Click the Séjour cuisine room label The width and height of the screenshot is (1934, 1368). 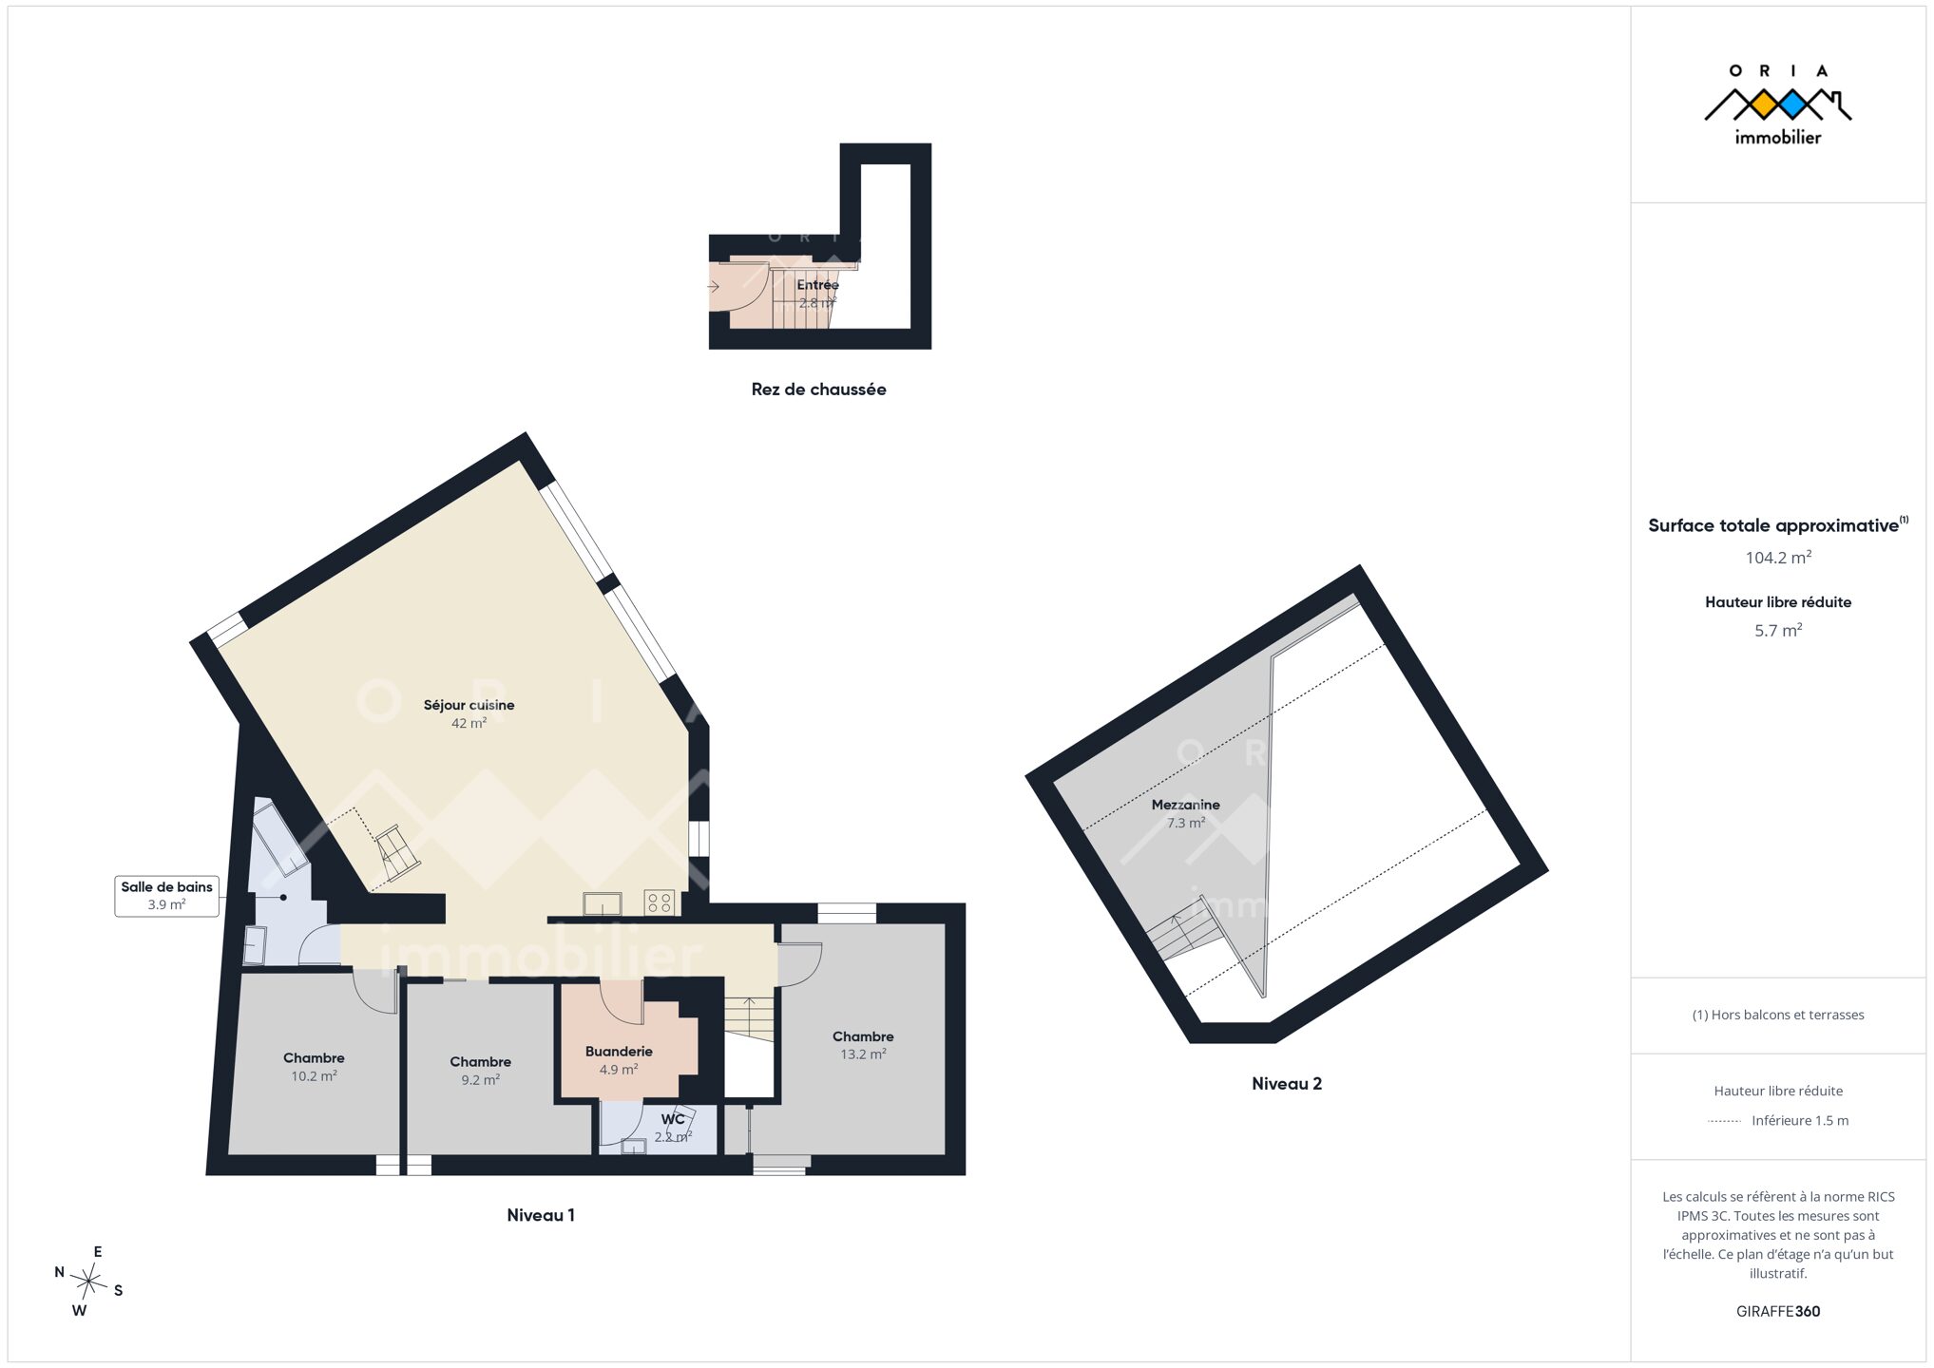(469, 705)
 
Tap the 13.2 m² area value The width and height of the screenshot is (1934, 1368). (863, 1054)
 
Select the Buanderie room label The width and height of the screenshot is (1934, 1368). (619, 1052)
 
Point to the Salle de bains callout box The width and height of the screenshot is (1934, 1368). (166, 896)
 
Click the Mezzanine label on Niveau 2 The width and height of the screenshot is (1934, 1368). (1185, 805)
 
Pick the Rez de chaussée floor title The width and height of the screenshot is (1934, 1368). (818, 389)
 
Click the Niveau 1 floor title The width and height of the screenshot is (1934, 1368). (540, 1215)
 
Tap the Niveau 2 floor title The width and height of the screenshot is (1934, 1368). (1287, 1084)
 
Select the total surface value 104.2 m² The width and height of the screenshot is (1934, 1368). (1778, 558)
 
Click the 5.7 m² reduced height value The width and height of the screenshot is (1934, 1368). (1778, 631)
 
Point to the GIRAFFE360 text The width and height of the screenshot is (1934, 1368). (1778, 1312)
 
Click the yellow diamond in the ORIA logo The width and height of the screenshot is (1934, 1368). (1763, 104)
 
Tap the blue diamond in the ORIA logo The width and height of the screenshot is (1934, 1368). (1792, 104)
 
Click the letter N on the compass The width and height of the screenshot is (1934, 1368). (59, 1272)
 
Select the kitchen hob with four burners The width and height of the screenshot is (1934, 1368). (659, 902)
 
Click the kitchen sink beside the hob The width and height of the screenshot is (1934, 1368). (603, 903)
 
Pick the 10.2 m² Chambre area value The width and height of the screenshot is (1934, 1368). (314, 1076)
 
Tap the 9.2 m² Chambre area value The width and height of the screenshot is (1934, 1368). (480, 1080)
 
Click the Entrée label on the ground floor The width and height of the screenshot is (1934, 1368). (817, 285)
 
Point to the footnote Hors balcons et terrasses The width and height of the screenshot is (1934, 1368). (1778, 1016)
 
